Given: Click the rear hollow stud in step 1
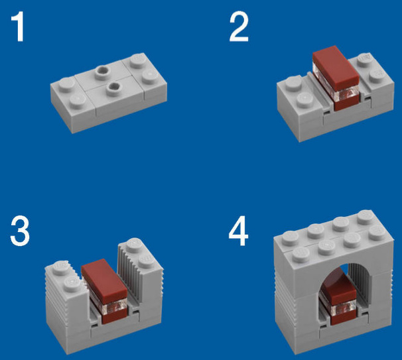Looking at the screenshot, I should tap(102, 70).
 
